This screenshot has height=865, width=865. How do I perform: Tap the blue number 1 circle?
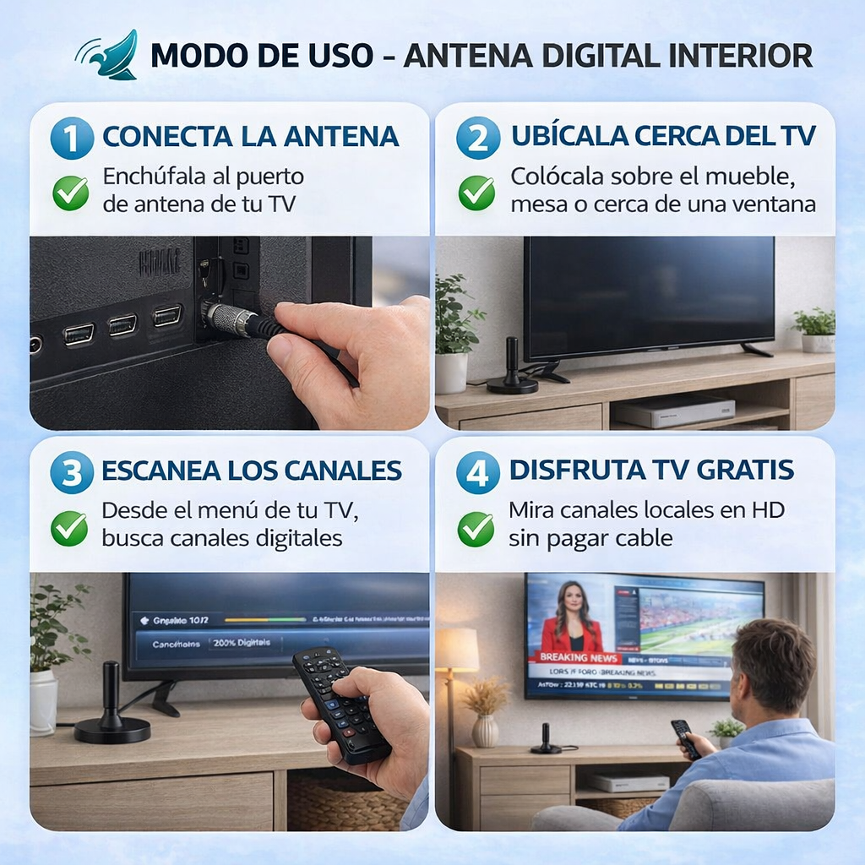coord(72,138)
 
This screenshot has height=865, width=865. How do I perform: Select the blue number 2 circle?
coord(478,138)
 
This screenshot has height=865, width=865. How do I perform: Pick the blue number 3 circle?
coord(72,472)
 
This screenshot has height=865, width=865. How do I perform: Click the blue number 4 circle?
coord(478,472)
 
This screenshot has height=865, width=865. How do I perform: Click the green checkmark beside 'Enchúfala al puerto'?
coord(70,193)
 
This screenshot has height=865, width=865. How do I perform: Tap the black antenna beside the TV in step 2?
coord(512,368)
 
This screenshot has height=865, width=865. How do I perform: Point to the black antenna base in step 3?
coord(112,728)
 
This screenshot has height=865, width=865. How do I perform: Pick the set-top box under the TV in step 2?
coord(673,410)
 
